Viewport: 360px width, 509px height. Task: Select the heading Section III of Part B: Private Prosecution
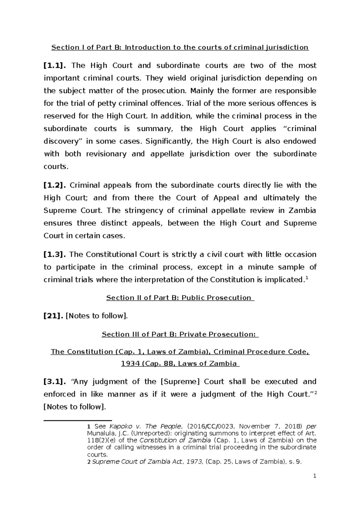(180, 334)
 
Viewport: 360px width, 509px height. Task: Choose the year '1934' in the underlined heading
(130, 364)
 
